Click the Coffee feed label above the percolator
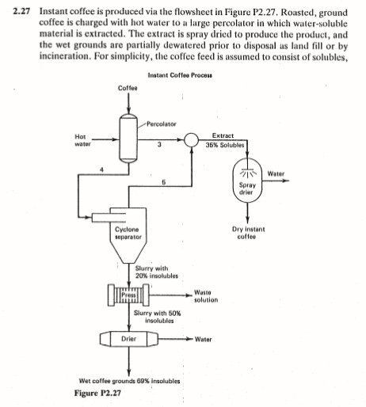(x=128, y=87)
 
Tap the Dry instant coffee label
(x=249, y=232)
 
